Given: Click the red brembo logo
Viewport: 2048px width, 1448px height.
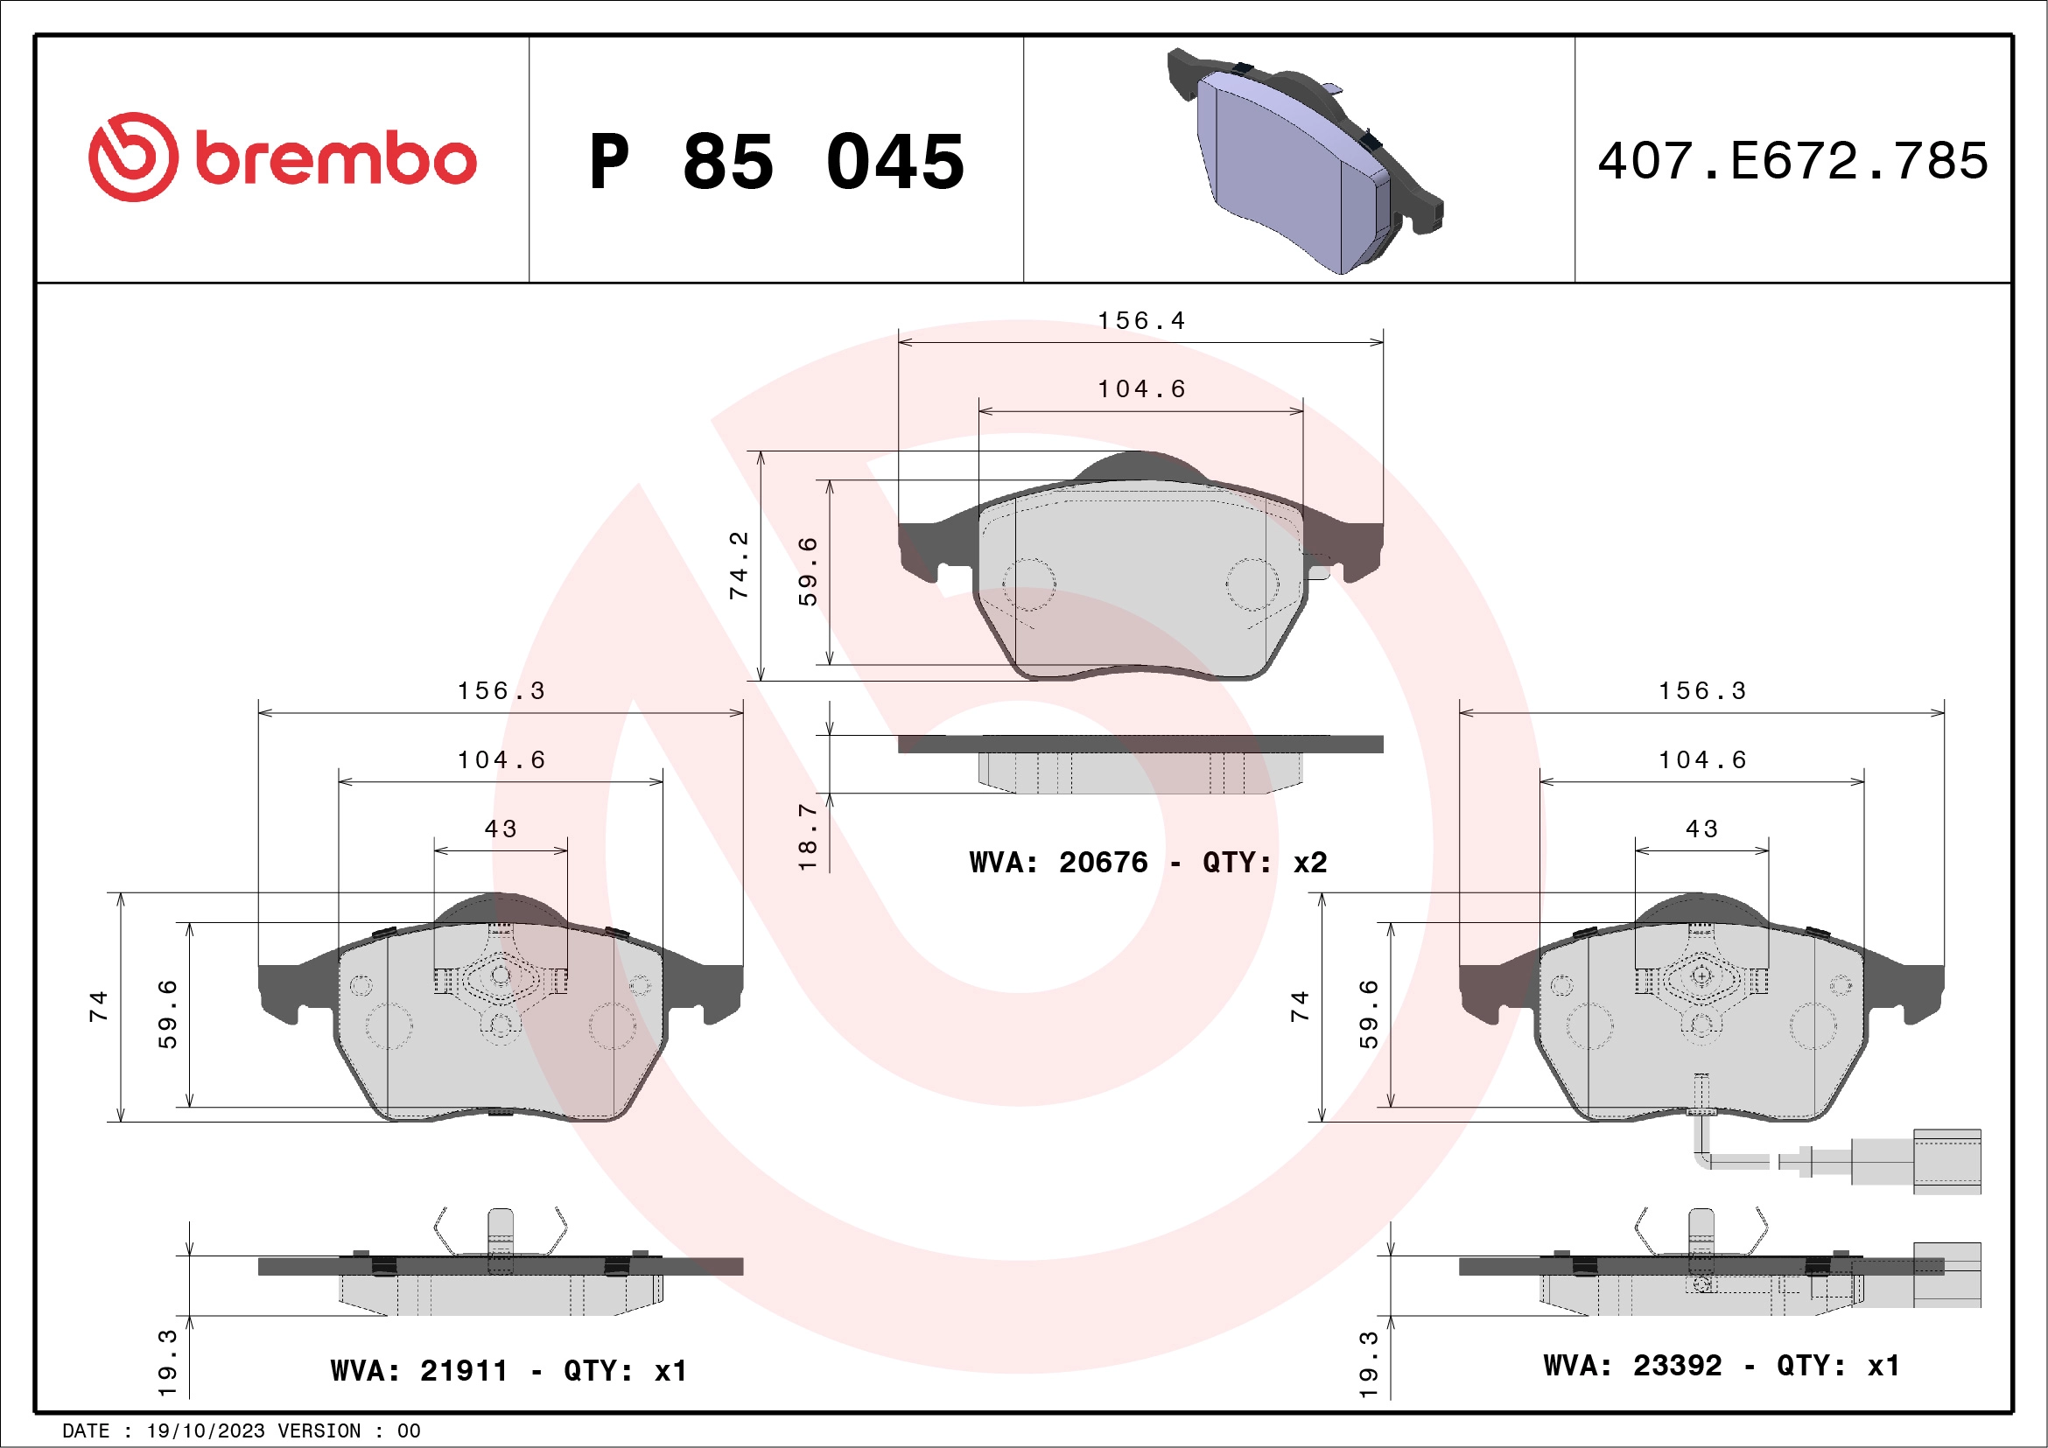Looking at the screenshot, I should click(x=282, y=157).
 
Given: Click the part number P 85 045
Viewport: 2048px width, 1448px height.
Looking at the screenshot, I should click(x=776, y=162).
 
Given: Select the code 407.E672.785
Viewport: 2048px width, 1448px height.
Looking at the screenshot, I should click(x=1793, y=161).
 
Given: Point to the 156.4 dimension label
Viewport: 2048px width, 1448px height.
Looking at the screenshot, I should click(x=1141, y=321).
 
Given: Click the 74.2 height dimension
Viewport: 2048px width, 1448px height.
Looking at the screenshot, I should click(x=739, y=565).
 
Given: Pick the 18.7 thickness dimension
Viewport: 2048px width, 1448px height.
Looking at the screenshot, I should click(x=807, y=836).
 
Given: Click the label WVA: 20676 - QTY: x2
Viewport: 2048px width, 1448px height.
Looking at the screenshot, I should click(x=1148, y=862).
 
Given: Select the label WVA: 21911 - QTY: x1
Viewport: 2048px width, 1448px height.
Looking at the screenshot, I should click(x=508, y=1370).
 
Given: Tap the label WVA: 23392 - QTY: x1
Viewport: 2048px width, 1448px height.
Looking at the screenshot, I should click(x=1722, y=1365).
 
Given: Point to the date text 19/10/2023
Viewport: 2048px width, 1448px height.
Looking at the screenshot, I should click(x=205, y=1431).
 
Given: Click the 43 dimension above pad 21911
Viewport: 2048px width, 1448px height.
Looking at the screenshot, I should click(x=501, y=829).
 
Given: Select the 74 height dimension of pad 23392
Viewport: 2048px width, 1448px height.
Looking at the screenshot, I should click(x=1300, y=1007).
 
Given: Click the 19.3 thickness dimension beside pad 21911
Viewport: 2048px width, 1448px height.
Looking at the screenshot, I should click(x=167, y=1362).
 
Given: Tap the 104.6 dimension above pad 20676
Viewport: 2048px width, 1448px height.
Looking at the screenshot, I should click(x=1141, y=389).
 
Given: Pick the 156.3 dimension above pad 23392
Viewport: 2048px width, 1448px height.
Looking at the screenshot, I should click(x=1701, y=691).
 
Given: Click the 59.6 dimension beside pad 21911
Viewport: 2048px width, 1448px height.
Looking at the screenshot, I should click(x=168, y=1015).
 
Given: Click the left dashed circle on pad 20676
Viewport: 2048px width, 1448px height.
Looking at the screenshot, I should click(x=1028, y=585).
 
